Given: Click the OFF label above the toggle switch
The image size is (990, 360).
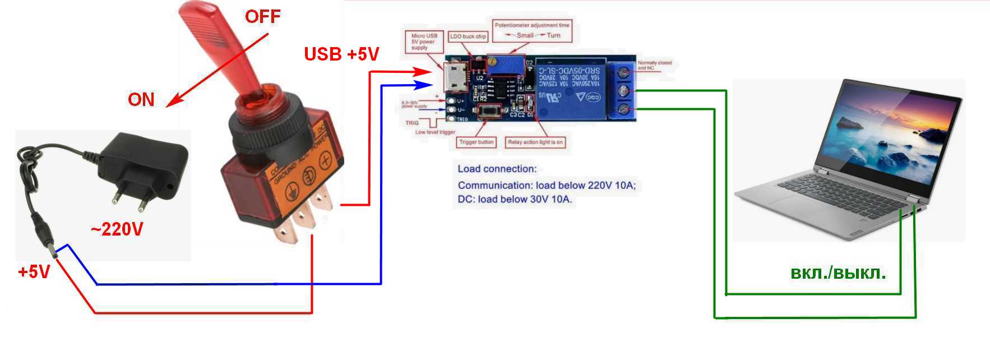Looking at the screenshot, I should (262, 16).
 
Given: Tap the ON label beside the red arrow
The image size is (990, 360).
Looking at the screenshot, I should (141, 100).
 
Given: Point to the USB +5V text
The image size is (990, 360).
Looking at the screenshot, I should (341, 54).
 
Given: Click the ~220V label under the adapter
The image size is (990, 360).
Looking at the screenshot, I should (117, 229).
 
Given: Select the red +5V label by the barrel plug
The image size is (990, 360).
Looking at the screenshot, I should (34, 272).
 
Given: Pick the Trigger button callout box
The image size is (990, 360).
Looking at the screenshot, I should (476, 142).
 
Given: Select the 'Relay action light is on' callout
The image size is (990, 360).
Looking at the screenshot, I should (535, 142).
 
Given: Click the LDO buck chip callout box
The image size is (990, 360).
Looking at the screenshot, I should (468, 36).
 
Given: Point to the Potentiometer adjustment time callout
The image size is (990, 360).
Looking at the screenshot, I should (532, 30).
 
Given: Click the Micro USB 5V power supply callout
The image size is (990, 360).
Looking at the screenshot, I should (424, 42).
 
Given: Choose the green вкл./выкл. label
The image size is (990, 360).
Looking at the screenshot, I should (838, 273).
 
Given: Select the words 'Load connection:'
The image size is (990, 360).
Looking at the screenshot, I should (497, 169).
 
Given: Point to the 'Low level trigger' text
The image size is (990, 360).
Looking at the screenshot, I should (435, 132).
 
